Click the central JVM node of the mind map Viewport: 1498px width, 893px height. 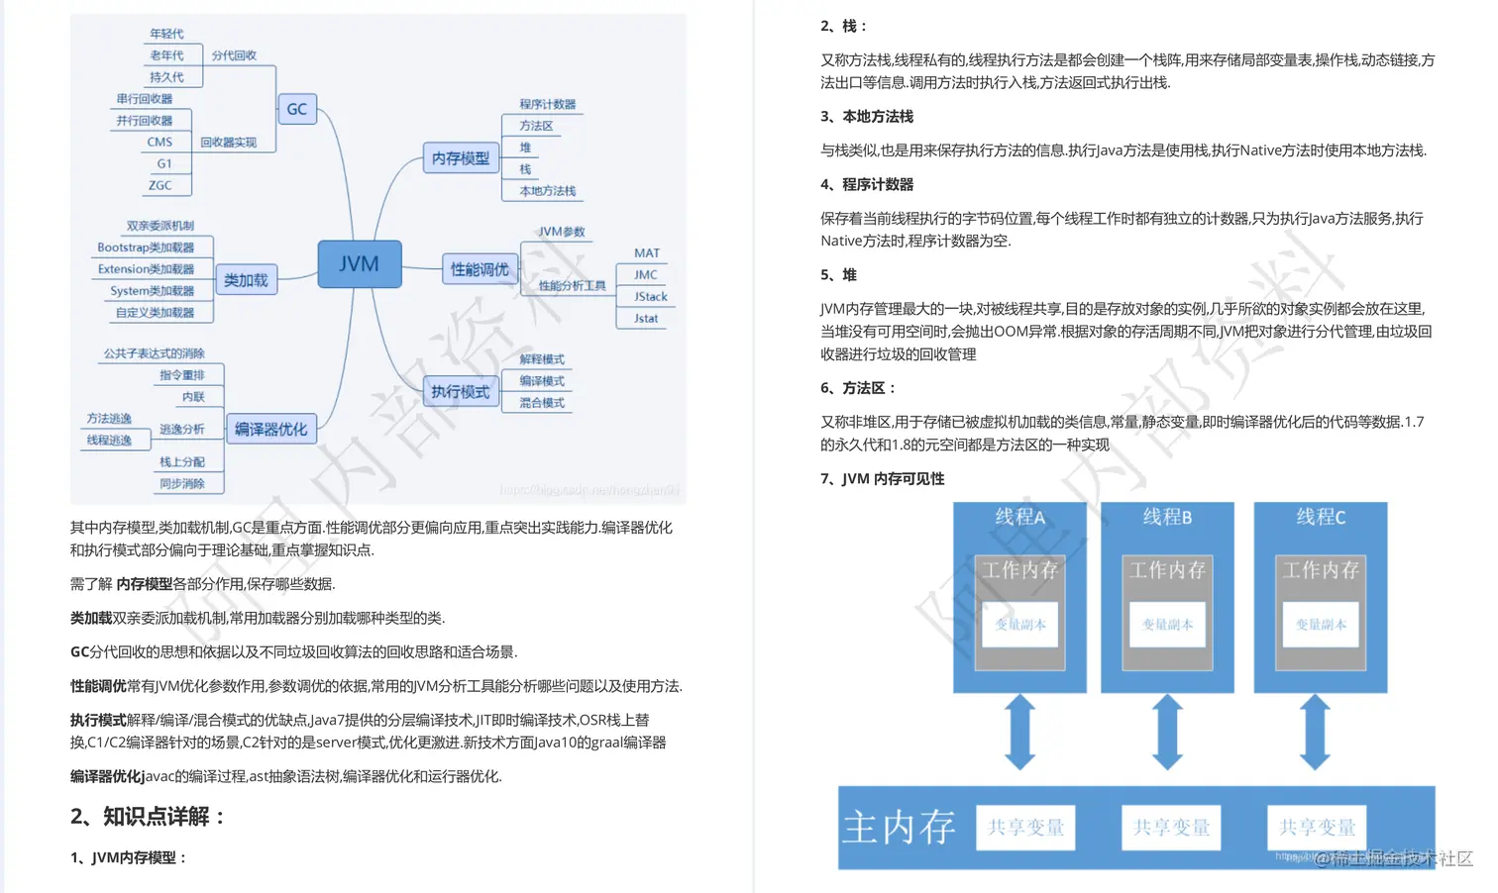coord(359,264)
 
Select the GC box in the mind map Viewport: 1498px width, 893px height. coord(297,109)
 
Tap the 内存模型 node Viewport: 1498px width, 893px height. coord(461,158)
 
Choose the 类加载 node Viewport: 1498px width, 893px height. coord(246,280)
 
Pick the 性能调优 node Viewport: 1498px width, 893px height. coord(480,269)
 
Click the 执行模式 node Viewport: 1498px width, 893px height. coord(460,392)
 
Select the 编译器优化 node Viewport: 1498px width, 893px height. coord(270,430)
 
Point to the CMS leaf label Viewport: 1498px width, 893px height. coord(160,143)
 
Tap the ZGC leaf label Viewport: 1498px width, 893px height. coord(160,185)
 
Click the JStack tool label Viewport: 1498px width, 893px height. coord(651,297)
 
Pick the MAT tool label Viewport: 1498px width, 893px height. coord(647,253)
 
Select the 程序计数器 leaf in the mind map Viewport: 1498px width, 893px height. coord(547,104)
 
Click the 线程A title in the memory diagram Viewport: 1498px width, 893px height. coord(1019,517)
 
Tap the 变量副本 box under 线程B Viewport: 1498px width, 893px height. coord(1167,625)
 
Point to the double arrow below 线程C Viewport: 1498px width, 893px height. coord(1315,733)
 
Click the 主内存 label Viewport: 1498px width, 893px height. coord(899,828)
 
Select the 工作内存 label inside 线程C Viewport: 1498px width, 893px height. coord(1321,570)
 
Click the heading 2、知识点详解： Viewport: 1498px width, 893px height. coord(149,817)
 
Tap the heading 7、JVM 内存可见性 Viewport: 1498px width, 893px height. coord(882,479)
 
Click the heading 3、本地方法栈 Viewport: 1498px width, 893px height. coord(867,117)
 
